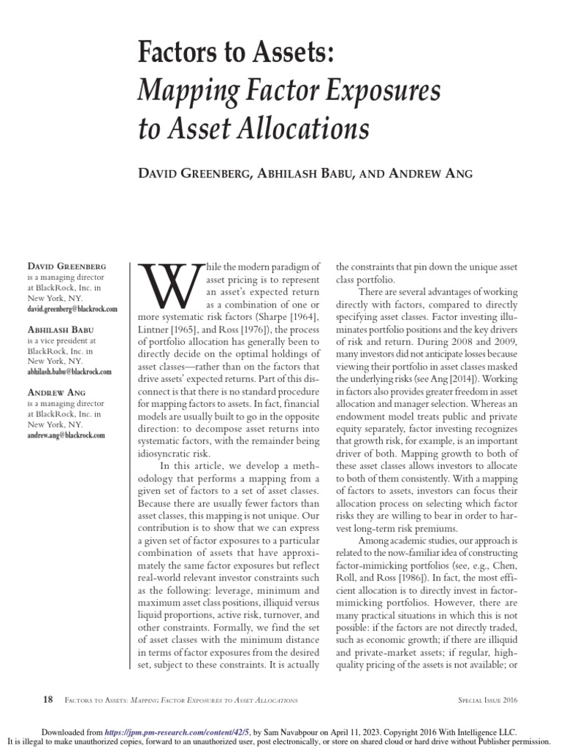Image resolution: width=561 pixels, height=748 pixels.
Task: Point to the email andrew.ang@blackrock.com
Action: [66, 435]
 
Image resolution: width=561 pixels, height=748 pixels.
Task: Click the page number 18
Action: [47, 699]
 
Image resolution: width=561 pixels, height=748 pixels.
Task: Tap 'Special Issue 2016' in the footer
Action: [484, 700]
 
